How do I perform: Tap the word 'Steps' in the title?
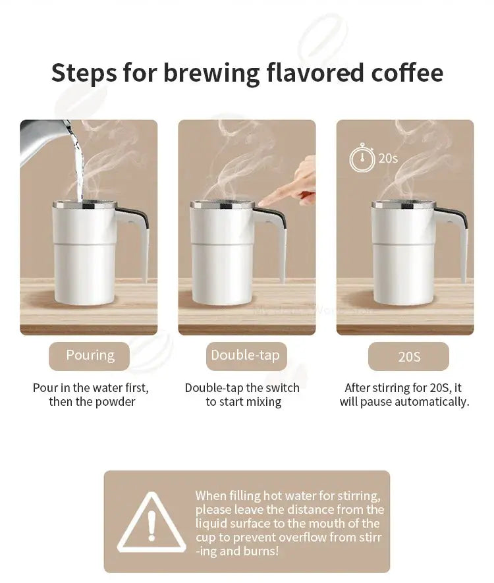click(x=83, y=72)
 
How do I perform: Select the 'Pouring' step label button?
click(x=90, y=356)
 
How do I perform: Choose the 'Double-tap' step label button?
click(x=245, y=356)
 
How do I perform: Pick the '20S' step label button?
click(x=408, y=356)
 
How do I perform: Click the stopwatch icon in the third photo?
click(x=362, y=159)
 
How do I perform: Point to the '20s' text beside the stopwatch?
click(x=389, y=159)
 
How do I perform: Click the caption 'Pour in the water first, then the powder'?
click(x=91, y=395)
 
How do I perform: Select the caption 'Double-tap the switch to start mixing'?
click(x=242, y=395)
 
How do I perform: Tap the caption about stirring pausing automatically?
click(x=404, y=395)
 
